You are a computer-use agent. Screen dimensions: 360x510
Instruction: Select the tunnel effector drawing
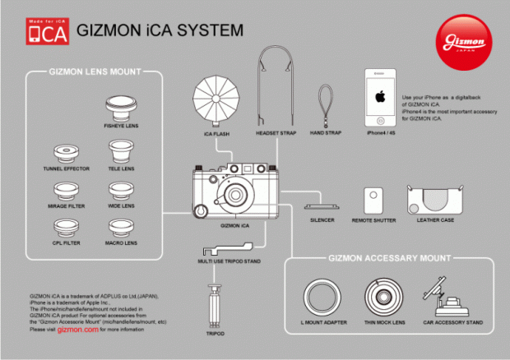pyautogui.click(x=67, y=152)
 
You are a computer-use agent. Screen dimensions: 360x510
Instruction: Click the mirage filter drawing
pyautogui.click(x=67, y=190)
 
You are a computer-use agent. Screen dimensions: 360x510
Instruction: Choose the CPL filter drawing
pyautogui.click(x=67, y=227)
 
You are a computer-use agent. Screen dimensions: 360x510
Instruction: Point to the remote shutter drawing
pyautogui.click(x=374, y=200)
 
